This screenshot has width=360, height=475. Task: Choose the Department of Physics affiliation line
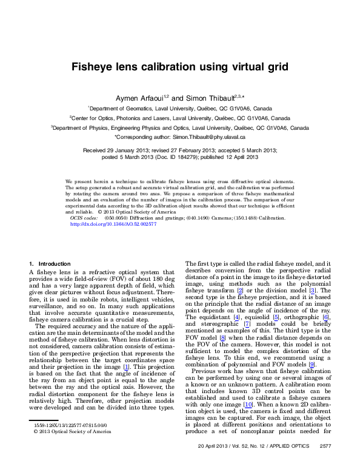pyautogui.click(x=179, y=128)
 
